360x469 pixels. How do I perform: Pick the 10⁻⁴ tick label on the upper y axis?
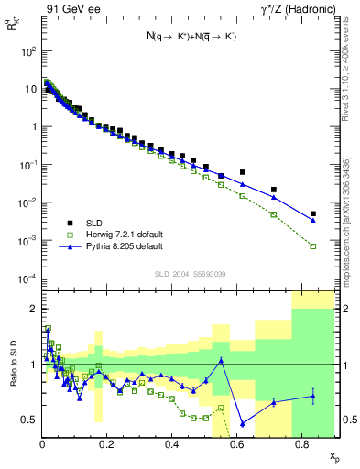point(27,278)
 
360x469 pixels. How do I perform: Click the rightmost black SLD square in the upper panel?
point(313,213)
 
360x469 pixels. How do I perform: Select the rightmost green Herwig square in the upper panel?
point(313,245)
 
